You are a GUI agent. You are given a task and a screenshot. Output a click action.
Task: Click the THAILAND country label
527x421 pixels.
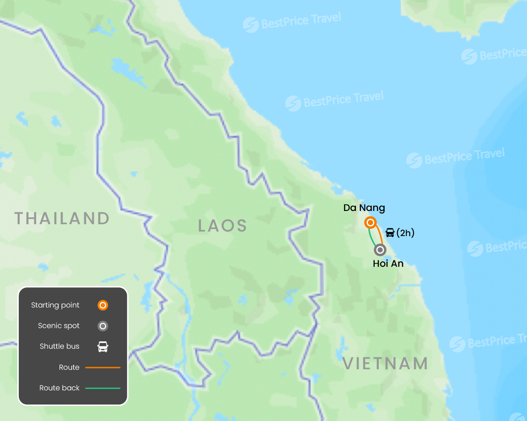tap(62, 218)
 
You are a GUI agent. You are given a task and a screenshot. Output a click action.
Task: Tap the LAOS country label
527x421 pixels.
tap(223, 226)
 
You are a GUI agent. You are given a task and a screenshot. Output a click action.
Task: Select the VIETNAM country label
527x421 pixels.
tap(385, 364)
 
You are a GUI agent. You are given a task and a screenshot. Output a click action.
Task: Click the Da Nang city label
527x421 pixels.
tap(364, 208)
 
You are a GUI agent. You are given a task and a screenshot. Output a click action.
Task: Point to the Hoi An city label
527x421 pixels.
tap(388, 264)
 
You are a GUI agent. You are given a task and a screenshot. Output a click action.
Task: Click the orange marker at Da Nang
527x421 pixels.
tap(371, 223)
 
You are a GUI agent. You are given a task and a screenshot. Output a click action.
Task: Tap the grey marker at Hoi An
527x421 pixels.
tap(380, 250)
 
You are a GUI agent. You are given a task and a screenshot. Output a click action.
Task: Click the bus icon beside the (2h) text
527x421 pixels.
tap(390, 233)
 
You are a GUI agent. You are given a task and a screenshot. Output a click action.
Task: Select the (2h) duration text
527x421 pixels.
tap(405, 233)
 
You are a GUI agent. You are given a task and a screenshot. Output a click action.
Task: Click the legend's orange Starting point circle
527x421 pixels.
tap(103, 305)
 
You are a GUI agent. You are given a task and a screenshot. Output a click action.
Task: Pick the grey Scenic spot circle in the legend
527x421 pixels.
tap(103, 326)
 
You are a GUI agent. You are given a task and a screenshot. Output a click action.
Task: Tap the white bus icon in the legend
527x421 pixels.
tap(103, 346)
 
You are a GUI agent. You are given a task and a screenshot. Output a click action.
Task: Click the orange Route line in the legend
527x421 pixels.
tap(103, 367)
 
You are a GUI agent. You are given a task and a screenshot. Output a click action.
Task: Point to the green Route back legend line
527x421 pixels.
tap(103, 388)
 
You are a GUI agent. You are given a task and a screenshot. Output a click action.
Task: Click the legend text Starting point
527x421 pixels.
tap(55, 305)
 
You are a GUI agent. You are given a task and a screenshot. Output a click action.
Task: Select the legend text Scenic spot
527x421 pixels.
tap(59, 326)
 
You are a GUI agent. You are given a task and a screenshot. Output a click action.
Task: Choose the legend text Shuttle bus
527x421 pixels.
tap(59, 346)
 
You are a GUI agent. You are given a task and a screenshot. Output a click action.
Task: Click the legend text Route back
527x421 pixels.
tap(59, 388)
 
